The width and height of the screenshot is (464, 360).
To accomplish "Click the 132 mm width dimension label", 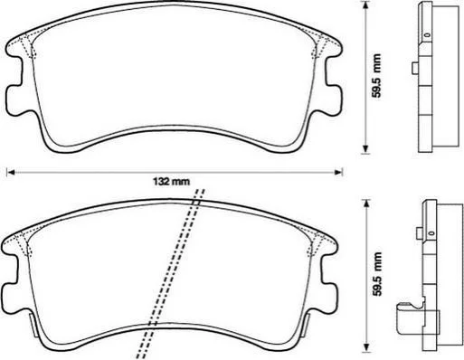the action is pos(171,182).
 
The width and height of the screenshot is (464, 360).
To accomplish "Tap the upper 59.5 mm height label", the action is pos(376,76).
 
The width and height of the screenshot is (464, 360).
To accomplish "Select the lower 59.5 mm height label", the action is pos(377,274).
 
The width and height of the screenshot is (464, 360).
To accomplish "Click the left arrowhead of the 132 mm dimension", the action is pos(11,172).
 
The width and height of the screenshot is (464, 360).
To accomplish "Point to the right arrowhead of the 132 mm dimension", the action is pos(338,172).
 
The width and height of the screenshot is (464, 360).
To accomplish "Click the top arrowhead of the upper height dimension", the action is pos(365,5).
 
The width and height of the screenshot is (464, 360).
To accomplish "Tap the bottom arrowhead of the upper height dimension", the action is pos(365,149).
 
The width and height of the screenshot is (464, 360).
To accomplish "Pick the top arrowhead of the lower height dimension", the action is pos(366,204).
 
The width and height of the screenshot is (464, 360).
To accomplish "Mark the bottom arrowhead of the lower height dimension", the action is pos(366,347).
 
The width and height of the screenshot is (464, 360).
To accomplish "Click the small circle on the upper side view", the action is pos(427,34).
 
